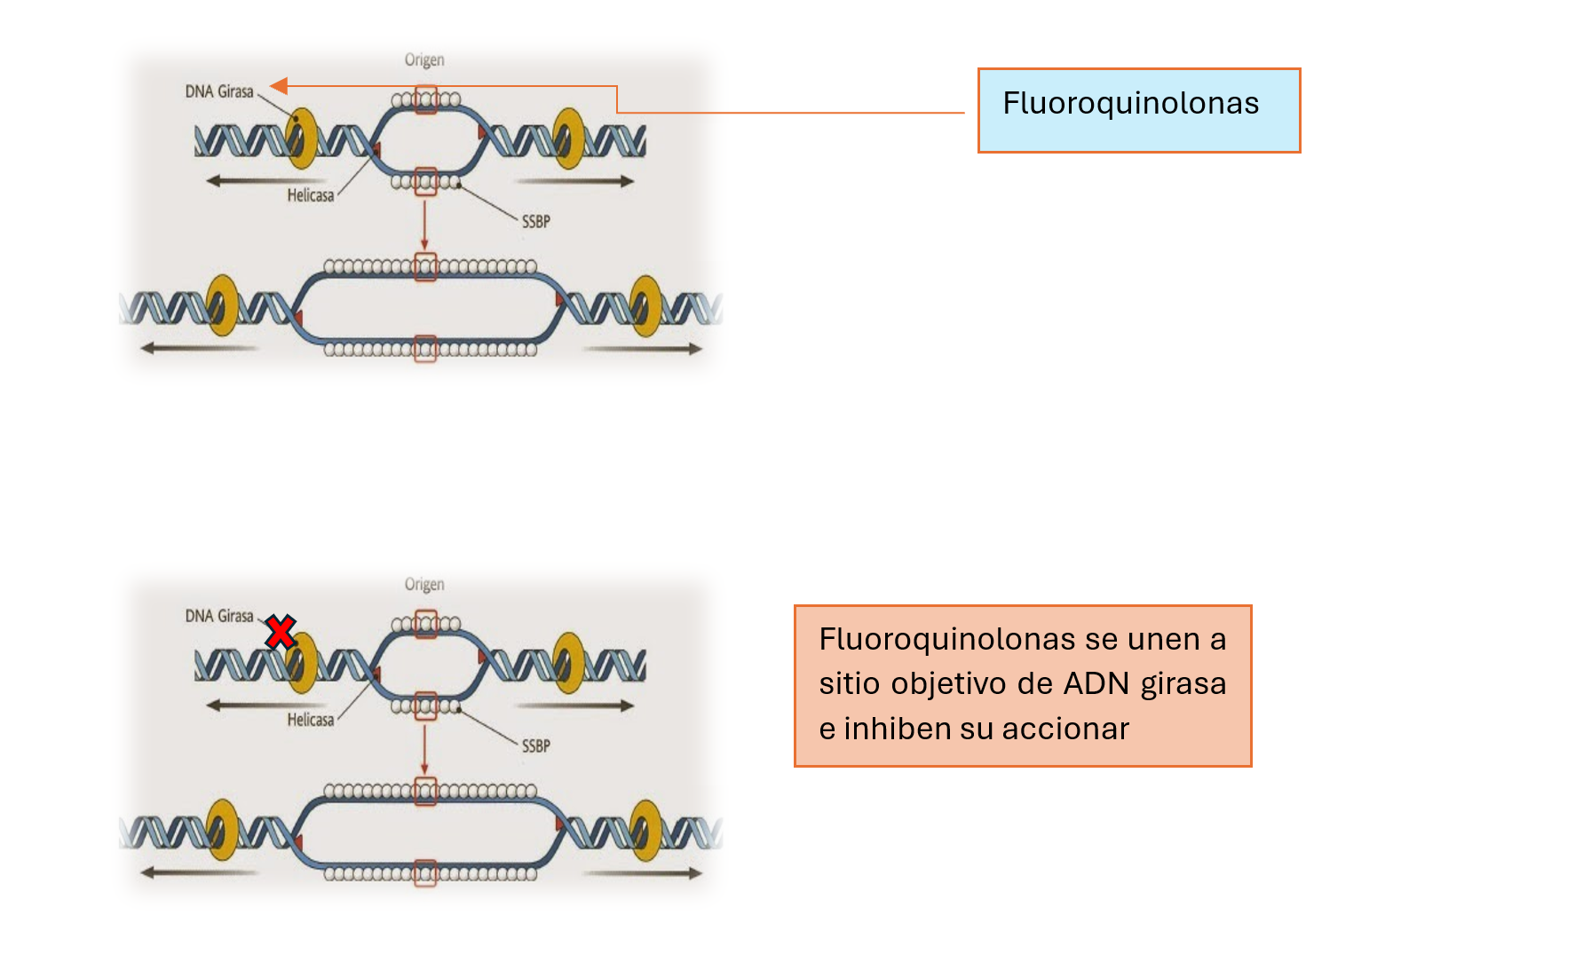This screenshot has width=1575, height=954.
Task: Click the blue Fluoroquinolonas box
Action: pyautogui.click(x=1138, y=110)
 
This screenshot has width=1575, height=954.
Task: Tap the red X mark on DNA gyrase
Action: pyautogui.click(x=281, y=633)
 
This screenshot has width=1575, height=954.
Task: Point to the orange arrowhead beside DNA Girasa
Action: pyautogui.click(x=279, y=86)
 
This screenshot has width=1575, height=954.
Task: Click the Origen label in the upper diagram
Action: pyautogui.click(x=424, y=60)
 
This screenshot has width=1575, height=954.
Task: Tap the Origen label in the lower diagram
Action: pyautogui.click(x=424, y=585)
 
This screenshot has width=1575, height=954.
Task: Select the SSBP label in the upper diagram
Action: pyautogui.click(x=535, y=222)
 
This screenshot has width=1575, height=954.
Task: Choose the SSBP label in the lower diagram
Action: pyautogui.click(x=535, y=746)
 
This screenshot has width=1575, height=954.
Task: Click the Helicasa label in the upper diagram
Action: pyautogui.click(x=311, y=195)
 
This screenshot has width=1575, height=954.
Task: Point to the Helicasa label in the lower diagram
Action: pyautogui.click(x=311, y=720)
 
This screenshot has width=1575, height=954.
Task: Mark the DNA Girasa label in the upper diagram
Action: pyautogui.click(x=219, y=91)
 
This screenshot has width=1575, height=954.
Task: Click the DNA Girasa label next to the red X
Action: pyautogui.click(x=219, y=616)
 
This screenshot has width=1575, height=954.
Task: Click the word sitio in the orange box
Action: pyautogui.click(x=850, y=683)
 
